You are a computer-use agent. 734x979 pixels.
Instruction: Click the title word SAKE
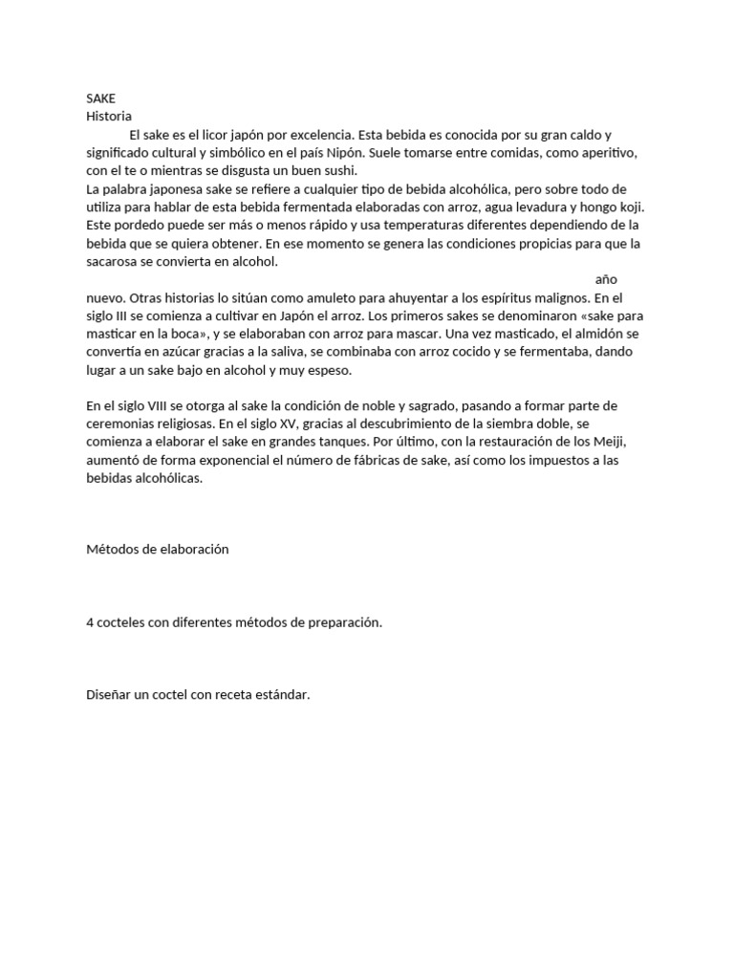[x=100, y=98]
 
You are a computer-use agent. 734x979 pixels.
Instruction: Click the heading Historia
[x=108, y=117]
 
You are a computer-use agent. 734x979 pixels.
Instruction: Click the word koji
[x=628, y=207]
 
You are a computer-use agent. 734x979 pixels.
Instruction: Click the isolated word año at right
[x=606, y=279]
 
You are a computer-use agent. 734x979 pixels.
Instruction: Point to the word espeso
[x=330, y=370]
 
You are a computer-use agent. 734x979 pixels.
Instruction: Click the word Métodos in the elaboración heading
[x=114, y=551]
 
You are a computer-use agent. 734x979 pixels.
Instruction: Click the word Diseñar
[x=108, y=695]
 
